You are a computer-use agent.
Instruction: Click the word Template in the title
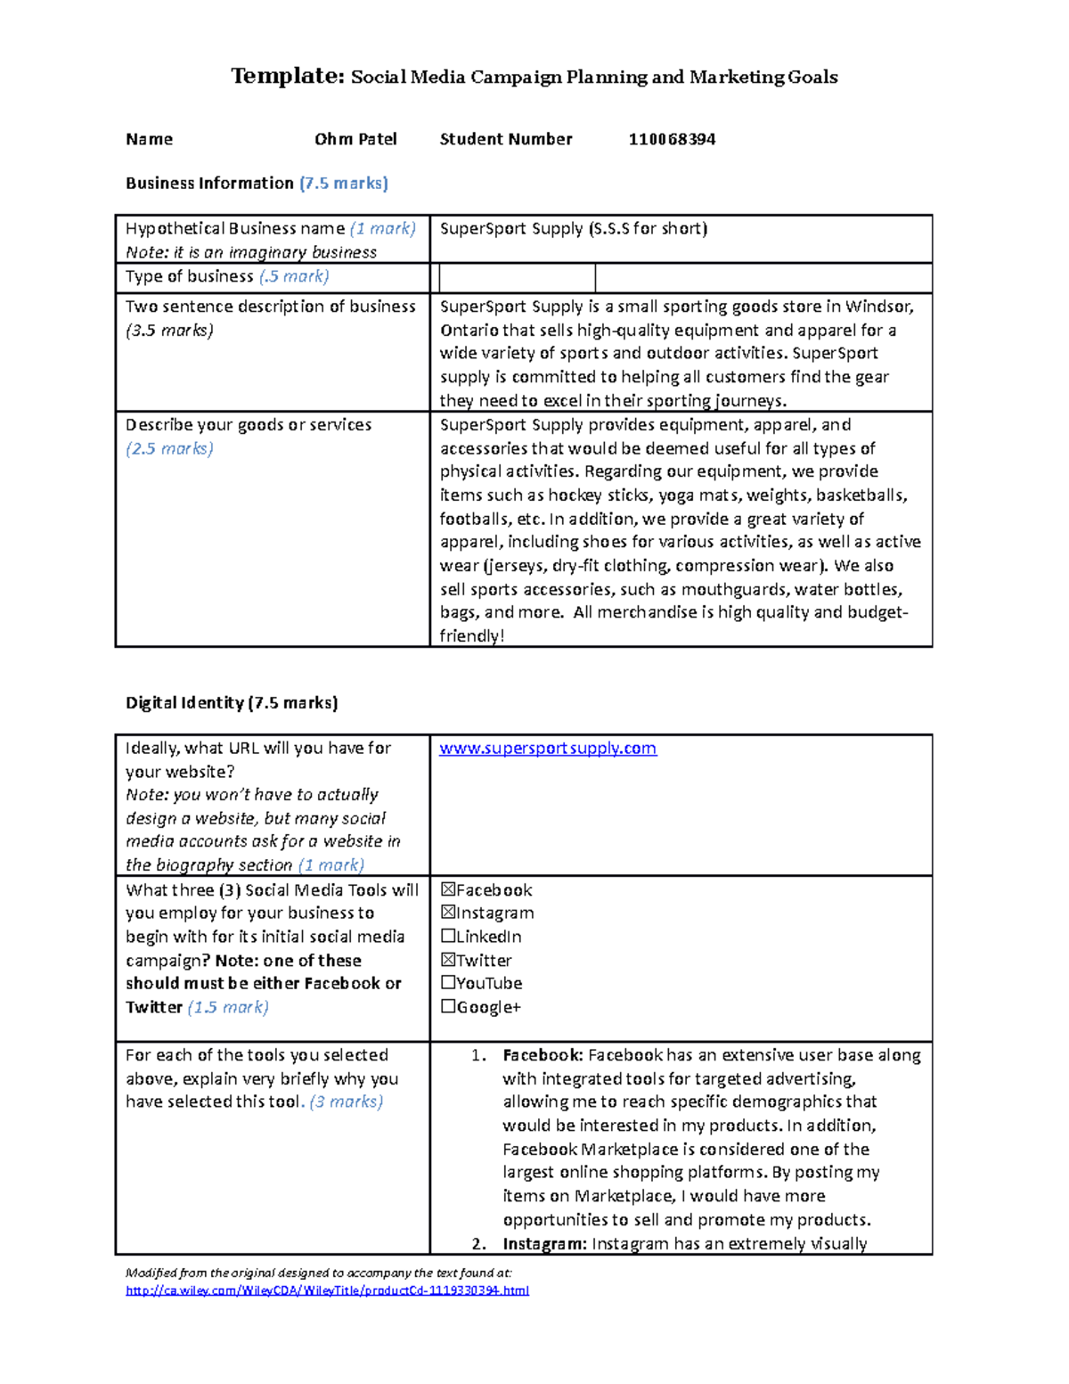pos(287,77)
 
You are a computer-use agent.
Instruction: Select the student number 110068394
pos(672,139)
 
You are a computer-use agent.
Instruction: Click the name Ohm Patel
pos(355,139)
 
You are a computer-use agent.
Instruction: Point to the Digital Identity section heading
pos(232,703)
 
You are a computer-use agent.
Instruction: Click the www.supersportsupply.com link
pos(548,749)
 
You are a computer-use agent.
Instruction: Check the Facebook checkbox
pos(448,889)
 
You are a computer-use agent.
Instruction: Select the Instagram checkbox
pos(448,913)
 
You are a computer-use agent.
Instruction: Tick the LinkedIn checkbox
pos(448,937)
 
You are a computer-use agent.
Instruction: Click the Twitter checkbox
pos(448,960)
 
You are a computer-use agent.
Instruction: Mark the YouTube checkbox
pos(448,983)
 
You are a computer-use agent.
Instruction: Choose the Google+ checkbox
pos(448,1007)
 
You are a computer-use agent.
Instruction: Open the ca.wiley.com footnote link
pos(327,1290)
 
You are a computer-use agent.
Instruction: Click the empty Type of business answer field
pos(518,278)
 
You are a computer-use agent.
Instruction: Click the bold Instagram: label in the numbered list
pos(544,1244)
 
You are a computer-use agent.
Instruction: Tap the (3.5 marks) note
pos(169,331)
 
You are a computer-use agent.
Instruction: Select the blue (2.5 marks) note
pos(169,448)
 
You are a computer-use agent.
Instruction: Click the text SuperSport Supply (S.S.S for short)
pos(573,229)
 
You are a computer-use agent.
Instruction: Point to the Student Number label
pos(506,139)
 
